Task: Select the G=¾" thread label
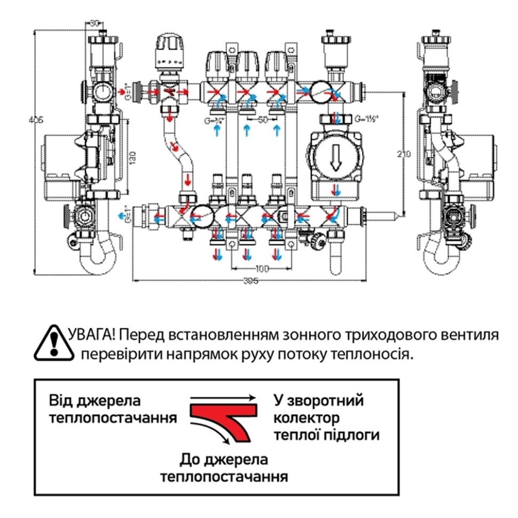tap(212, 121)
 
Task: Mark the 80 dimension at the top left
tap(95, 23)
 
